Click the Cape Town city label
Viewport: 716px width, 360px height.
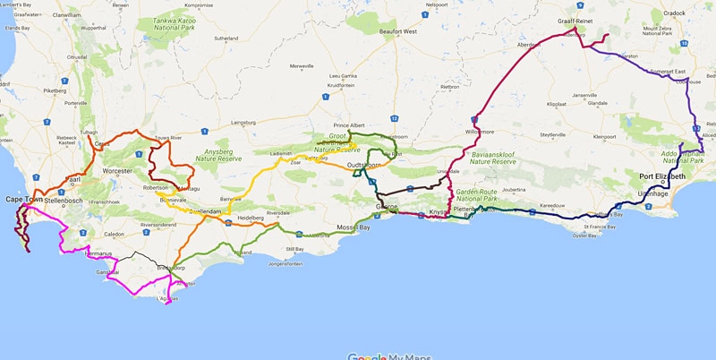tap(24, 200)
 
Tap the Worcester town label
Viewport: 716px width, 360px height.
tap(118, 170)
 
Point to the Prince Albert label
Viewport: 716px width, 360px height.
tap(353, 125)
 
